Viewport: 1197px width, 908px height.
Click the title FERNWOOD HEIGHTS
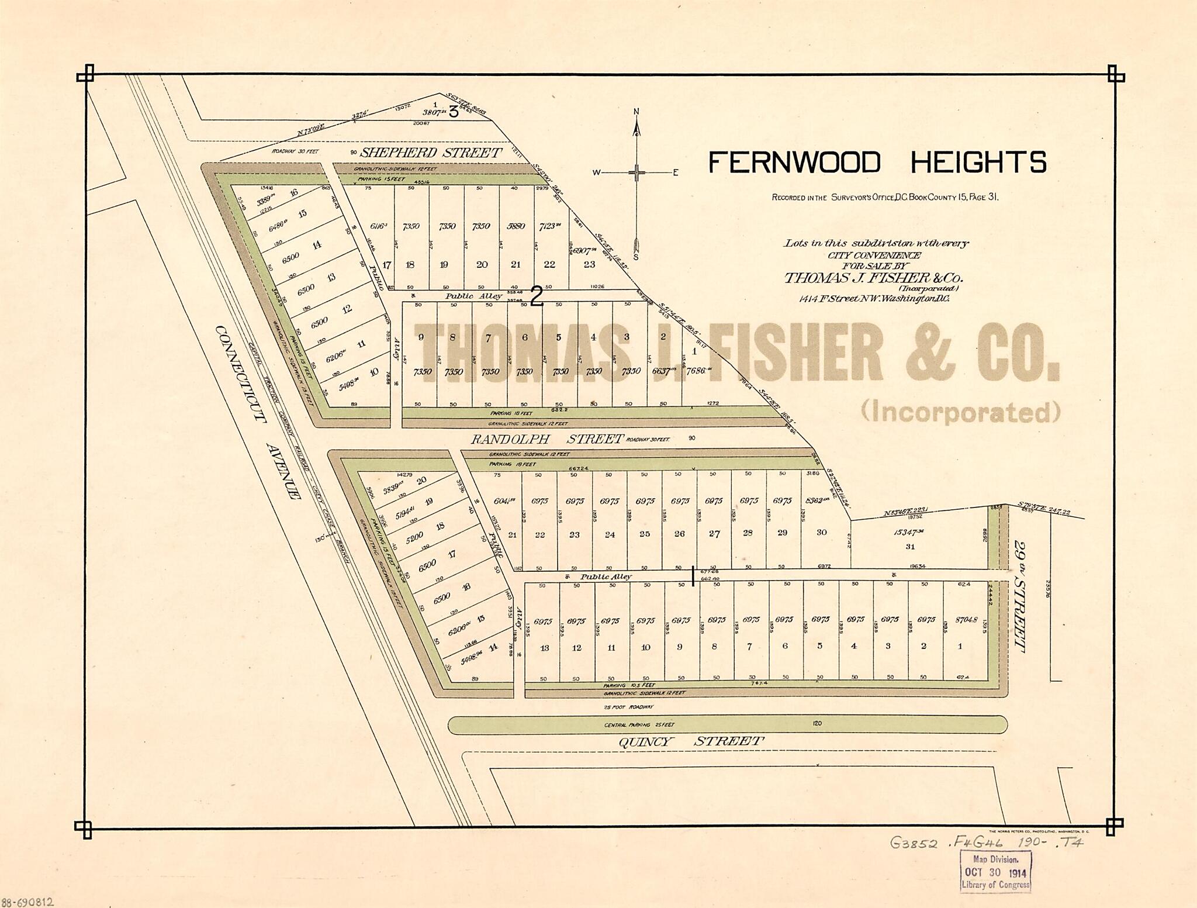(877, 163)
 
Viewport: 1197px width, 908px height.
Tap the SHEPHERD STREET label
(430, 153)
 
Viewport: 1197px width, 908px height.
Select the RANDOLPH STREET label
(546, 439)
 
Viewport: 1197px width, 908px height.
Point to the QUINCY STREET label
(690, 741)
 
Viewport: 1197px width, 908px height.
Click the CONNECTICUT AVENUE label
(257, 412)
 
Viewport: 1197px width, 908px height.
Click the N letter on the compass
(637, 112)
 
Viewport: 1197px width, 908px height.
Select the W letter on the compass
(597, 172)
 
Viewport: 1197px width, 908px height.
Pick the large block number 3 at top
(454, 112)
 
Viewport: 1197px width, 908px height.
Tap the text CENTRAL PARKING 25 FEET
(639, 725)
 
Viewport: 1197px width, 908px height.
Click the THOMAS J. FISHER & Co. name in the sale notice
(873, 278)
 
